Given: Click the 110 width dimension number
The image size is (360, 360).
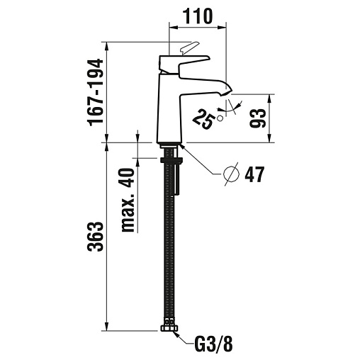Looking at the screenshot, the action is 198,16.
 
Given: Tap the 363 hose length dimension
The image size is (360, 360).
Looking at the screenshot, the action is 96,236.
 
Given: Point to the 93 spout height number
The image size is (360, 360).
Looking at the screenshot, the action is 258,118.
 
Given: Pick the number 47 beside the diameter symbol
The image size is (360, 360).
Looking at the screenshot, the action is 254,174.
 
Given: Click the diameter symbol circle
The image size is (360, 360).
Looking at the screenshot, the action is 231,174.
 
